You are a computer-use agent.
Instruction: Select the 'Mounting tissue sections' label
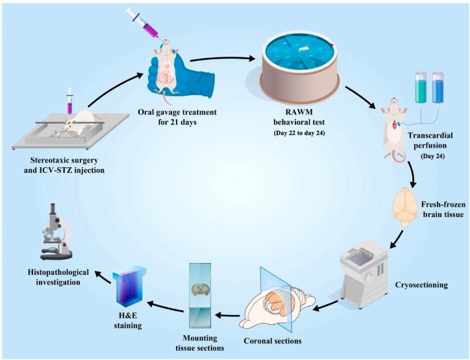click(x=202, y=343)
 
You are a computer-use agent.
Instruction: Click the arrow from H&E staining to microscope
click(x=106, y=274)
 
